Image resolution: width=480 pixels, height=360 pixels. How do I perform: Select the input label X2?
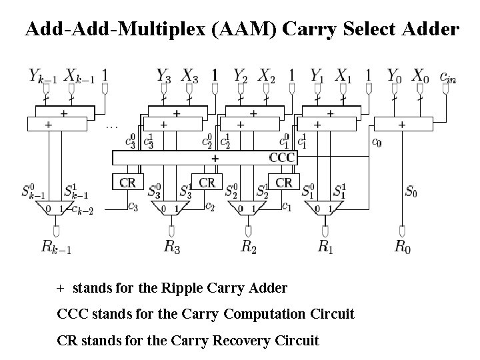click(x=267, y=75)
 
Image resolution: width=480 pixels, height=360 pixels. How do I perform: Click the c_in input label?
click(x=449, y=76)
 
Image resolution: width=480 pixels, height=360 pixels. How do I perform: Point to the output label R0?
click(x=402, y=247)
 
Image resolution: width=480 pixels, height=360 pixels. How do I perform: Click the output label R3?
click(x=171, y=247)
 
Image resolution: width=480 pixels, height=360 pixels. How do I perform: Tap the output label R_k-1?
click(x=57, y=247)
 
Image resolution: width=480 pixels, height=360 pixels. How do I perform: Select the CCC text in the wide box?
click(x=281, y=158)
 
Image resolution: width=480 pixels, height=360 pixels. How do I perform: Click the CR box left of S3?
click(x=128, y=182)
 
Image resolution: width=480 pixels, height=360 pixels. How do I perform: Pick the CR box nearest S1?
click(x=283, y=182)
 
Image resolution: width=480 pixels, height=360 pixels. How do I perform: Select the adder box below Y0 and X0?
click(x=402, y=124)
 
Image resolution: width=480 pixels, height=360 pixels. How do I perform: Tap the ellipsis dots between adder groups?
click(x=112, y=125)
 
